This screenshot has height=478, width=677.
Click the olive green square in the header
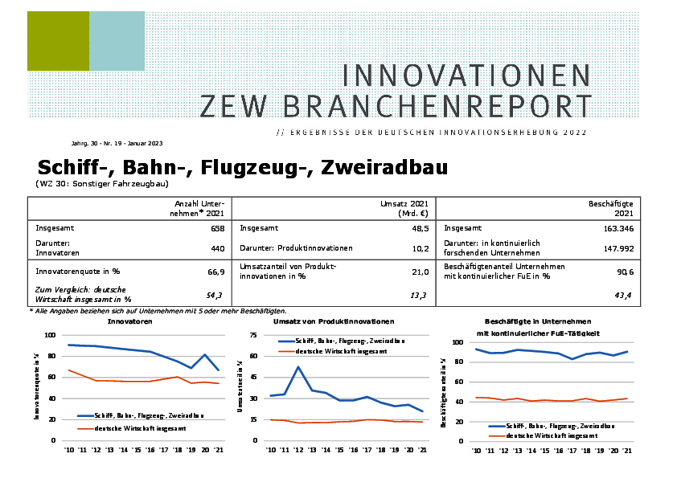point(58,41)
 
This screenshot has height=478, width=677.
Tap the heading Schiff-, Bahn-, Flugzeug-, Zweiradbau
point(242,167)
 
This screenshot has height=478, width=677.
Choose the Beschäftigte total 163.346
point(616,228)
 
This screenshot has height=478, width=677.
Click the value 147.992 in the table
point(616,249)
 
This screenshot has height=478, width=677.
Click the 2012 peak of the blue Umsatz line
point(298,367)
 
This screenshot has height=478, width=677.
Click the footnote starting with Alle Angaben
point(158,310)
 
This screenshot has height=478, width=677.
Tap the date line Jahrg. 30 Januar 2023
point(117,144)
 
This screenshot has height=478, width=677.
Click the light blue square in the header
point(117,41)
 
